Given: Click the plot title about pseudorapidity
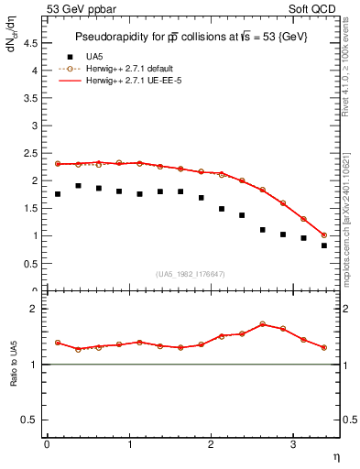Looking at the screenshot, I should (191, 36).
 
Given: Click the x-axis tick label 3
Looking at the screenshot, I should (292, 444).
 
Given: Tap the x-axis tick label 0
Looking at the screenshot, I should (47, 444).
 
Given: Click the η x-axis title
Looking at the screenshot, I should (334, 455).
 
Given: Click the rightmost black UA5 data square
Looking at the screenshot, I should (324, 245).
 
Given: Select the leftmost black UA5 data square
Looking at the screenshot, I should (58, 194).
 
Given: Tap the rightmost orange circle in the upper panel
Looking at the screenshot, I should (324, 235).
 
